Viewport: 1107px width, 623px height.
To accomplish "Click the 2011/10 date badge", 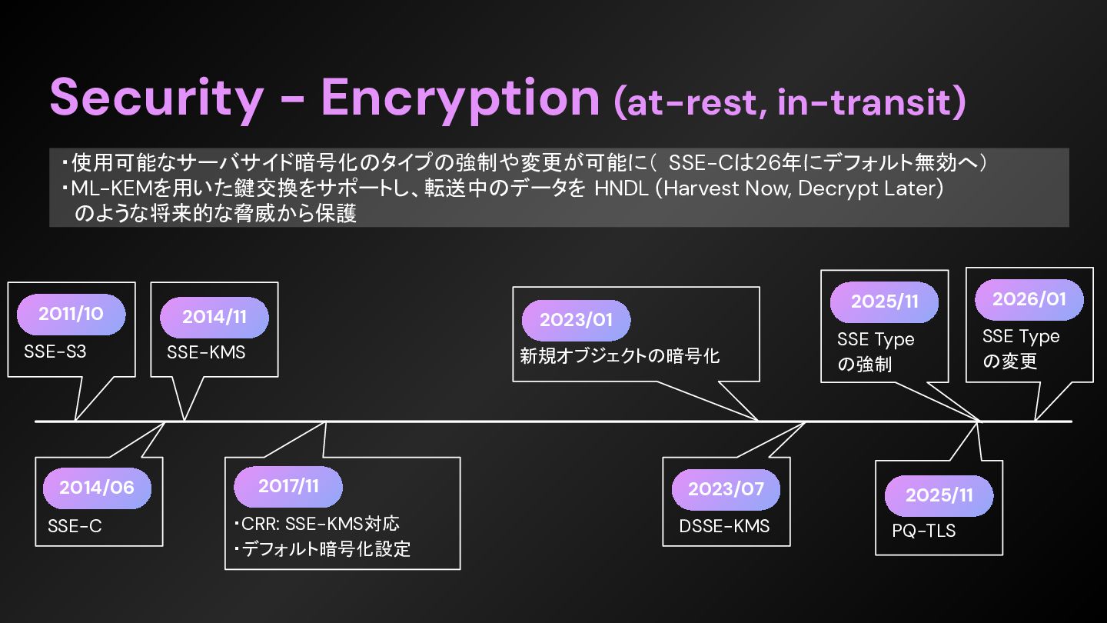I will pyautogui.click(x=71, y=313).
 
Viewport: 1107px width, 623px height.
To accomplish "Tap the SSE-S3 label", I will pyautogui.click(x=56, y=353).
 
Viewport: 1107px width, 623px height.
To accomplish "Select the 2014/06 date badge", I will pyautogui.click(x=97, y=487).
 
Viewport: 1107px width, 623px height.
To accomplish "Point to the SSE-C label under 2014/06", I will pyautogui.click(x=75, y=526).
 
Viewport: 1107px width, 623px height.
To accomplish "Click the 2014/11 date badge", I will pyautogui.click(x=214, y=317).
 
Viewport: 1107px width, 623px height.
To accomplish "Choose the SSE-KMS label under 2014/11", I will pyautogui.click(x=206, y=353).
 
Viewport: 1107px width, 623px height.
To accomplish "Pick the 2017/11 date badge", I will pyautogui.click(x=288, y=486).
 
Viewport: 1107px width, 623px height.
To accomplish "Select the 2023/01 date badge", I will pyautogui.click(x=576, y=320).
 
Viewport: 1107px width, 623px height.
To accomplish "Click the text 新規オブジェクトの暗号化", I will pyautogui.click(x=620, y=356).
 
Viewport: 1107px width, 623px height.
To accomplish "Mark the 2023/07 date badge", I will pyautogui.click(x=726, y=489).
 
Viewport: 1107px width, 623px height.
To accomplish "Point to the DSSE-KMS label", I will pyautogui.click(x=724, y=526).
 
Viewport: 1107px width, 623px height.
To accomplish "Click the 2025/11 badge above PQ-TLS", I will pyautogui.click(x=939, y=495).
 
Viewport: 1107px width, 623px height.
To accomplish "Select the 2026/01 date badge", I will pyautogui.click(x=1029, y=299).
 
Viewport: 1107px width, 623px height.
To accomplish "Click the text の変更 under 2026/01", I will pyautogui.click(x=1009, y=361).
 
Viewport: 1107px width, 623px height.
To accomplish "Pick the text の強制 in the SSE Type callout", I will pyautogui.click(x=864, y=364).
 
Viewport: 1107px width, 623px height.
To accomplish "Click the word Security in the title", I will pyautogui.click(x=155, y=98).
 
